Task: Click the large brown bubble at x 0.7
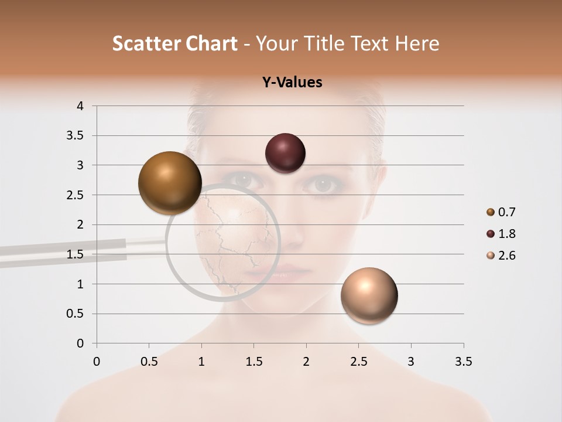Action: [170, 182]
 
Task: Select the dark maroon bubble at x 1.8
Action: [285, 153]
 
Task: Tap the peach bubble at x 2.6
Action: [369, 295]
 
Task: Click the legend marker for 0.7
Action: [491, 212]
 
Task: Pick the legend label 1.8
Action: [506, 234]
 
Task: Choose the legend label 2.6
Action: [506, 256]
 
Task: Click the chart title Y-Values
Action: [292, 83]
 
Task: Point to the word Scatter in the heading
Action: [143, 43]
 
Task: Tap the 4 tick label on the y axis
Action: [80, 106]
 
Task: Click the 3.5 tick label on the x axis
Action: [463, 362]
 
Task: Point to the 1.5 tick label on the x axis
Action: [254, 362]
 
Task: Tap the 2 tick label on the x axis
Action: [306, 362]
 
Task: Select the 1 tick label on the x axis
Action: [201, 362]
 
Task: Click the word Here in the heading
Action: [416, 43]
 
